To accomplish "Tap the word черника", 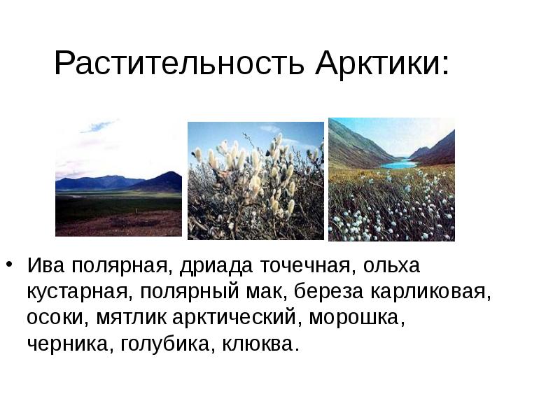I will pos(66,345).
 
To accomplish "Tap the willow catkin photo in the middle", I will pos(256,181).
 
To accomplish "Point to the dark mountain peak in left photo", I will pos(166,175).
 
